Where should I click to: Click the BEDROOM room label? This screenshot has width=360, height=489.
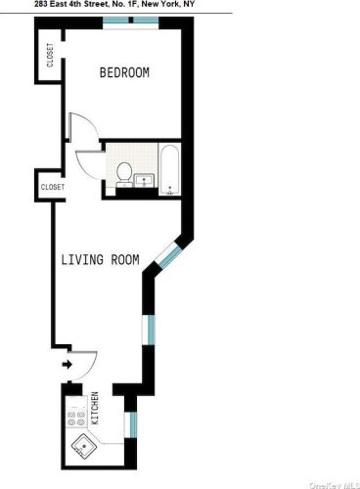tap(124, 73)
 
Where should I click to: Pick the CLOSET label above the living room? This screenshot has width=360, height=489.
tap(52, 186)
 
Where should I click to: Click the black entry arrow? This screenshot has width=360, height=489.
tap(67, 366)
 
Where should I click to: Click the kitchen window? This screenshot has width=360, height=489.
tap(128, 426)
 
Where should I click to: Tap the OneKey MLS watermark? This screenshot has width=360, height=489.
tap(332, 484)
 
